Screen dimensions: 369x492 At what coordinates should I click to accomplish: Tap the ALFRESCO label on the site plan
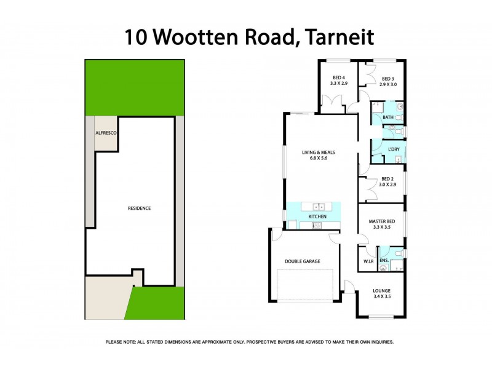(x=106, y=133)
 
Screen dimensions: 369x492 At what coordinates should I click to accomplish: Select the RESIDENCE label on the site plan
(x=139, y=208)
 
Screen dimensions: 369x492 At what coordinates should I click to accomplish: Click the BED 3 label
(x=387, y=79)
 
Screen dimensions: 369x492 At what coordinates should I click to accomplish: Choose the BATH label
(x=387, y=117)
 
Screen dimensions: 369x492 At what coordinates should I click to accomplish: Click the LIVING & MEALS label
(x=319, y=153)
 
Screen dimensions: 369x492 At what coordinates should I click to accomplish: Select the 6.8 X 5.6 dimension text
(x=319, y=159)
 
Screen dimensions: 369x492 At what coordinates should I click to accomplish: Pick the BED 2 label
(x=387, y=179)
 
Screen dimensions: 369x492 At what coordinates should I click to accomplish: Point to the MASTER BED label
(x=382, y=221)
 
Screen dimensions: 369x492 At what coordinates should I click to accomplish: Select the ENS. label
(x=384, y=261)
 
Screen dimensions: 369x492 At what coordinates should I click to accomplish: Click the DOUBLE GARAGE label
(x=303, y=261)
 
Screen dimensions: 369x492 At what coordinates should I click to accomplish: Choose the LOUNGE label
(x=382, y=290)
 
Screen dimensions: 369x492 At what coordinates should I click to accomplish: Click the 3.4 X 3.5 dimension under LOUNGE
(x=382, y=296)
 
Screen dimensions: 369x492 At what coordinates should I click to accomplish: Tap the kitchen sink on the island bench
(x=319, y=206)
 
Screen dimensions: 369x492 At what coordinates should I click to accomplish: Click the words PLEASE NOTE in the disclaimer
(x=122, y=342)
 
